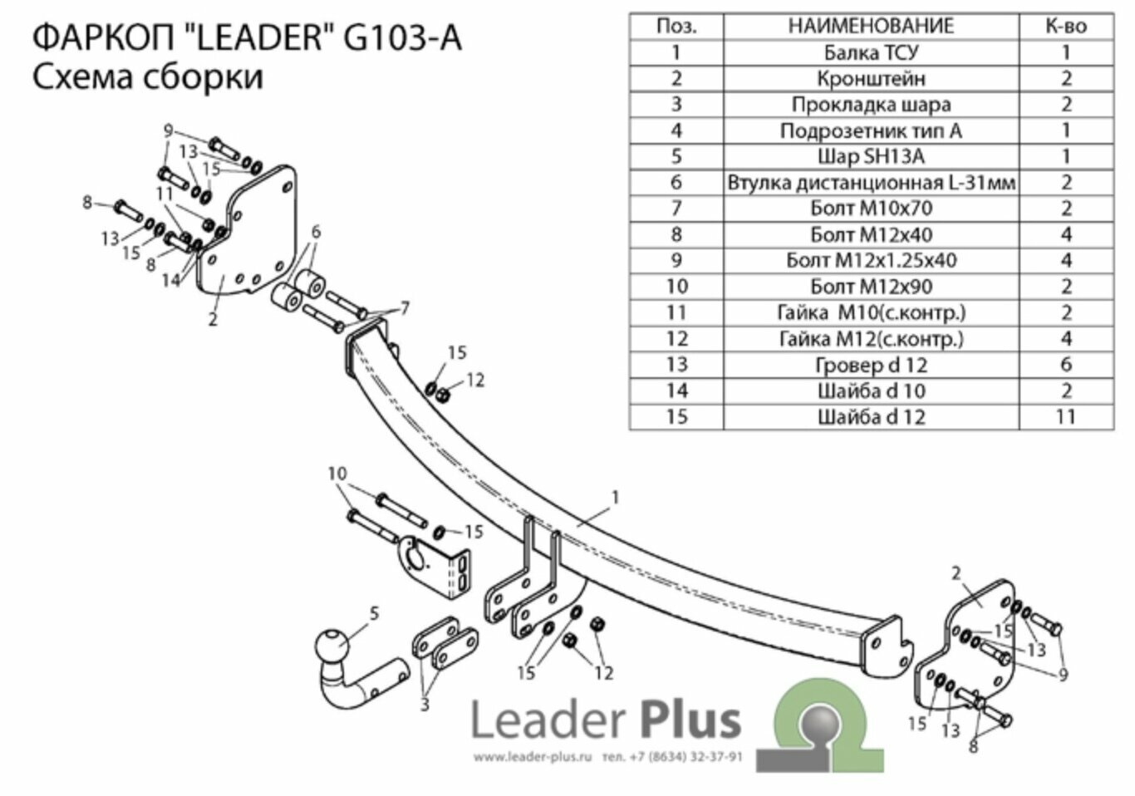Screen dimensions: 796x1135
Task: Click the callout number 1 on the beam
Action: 615,498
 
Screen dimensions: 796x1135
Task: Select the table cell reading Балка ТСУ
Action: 871,52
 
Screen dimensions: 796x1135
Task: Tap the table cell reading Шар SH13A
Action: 871,156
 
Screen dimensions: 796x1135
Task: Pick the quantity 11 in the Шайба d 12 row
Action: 1066,416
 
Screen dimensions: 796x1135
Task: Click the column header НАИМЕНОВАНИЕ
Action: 871,26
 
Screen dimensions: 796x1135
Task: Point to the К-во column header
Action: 1066,26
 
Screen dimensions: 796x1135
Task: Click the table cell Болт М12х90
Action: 871,287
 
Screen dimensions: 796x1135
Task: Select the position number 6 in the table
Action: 676,183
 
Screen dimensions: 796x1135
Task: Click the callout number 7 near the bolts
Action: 405,309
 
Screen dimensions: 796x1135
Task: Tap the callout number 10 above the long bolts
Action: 337,474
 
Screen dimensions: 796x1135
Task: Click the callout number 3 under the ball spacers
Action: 425,705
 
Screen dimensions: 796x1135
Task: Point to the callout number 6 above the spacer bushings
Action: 316,233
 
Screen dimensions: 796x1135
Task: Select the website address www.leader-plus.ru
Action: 532,757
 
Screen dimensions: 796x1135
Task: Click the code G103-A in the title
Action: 401,38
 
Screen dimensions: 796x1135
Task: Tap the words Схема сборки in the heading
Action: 148,77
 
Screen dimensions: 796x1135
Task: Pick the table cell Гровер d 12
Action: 871,365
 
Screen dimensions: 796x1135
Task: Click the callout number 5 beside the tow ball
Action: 374,614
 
